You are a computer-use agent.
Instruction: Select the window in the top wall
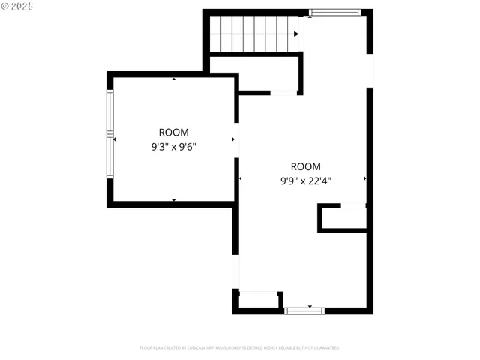pos(334,12)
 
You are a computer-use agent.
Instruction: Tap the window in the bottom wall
pos(305,309)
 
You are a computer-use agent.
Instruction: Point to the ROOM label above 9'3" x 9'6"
pos(174,133)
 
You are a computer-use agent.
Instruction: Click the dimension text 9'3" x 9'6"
pos(174,148)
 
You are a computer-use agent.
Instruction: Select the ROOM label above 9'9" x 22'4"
pos(306,166)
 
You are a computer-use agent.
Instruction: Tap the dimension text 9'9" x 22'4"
pos(306,181)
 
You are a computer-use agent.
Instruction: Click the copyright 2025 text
pos(17,6)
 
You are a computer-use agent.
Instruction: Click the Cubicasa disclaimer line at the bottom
pos(239,348)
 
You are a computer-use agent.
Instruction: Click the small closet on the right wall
pos(343,217)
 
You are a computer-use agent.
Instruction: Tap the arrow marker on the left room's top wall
pos(174,79)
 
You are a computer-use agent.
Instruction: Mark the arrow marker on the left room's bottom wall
pos(174,199)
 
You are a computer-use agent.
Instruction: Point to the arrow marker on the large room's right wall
pos(365,178)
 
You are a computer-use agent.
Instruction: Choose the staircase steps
pos(253,34)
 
